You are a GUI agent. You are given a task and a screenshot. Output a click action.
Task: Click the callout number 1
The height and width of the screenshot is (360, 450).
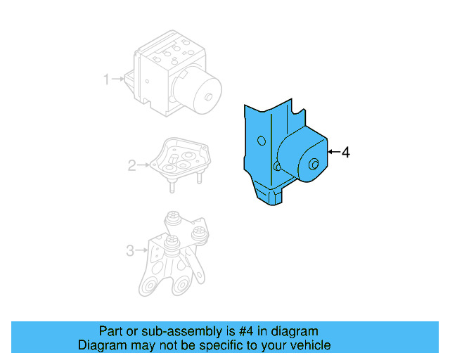click(x=107, y=79)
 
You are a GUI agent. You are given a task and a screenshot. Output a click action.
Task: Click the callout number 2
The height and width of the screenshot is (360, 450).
click(x=131, y=166)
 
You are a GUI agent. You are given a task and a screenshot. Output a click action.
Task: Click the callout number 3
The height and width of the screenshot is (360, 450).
click(x=129, y=250)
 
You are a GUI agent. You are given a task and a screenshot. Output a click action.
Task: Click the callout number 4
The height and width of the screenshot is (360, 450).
click(x=345, y=152)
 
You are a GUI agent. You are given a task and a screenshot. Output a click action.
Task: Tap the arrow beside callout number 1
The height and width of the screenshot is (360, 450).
click(x=118, y=79)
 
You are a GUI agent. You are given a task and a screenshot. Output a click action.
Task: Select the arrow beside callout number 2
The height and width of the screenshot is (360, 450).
click(x=143, y=166)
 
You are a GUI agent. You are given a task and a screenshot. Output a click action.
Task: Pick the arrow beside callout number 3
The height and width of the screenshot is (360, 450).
click(x=140, y=250)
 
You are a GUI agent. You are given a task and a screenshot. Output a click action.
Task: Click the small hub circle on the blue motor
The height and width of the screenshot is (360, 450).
click(x=313, y=165)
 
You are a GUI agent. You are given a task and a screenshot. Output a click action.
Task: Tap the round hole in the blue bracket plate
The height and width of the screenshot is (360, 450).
click(x=261, y=141)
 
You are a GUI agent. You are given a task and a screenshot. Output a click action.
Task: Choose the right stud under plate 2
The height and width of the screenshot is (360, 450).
click(x=199, y=177)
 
